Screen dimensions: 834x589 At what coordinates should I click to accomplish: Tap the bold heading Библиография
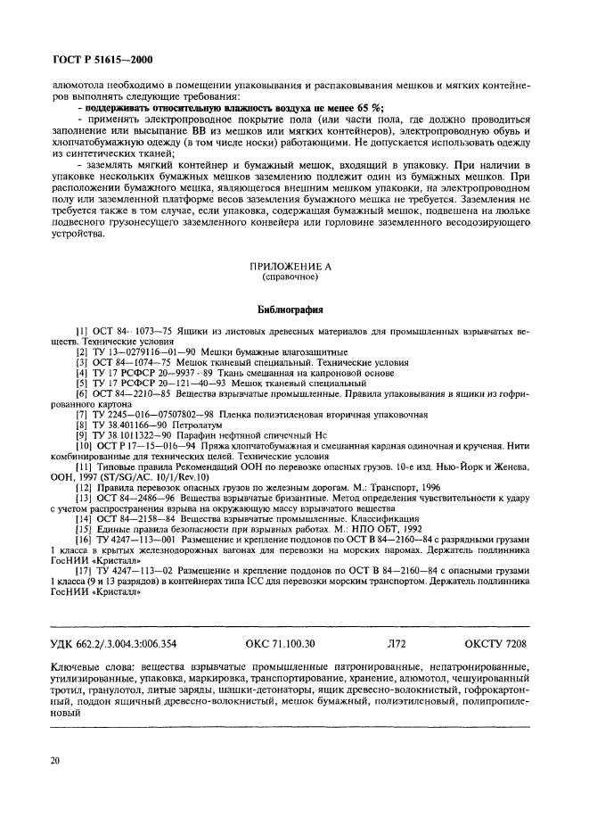point(293,307)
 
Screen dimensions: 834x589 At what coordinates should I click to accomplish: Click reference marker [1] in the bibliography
point(81,332)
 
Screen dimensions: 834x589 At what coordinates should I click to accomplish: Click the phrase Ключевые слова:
point(94,665)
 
